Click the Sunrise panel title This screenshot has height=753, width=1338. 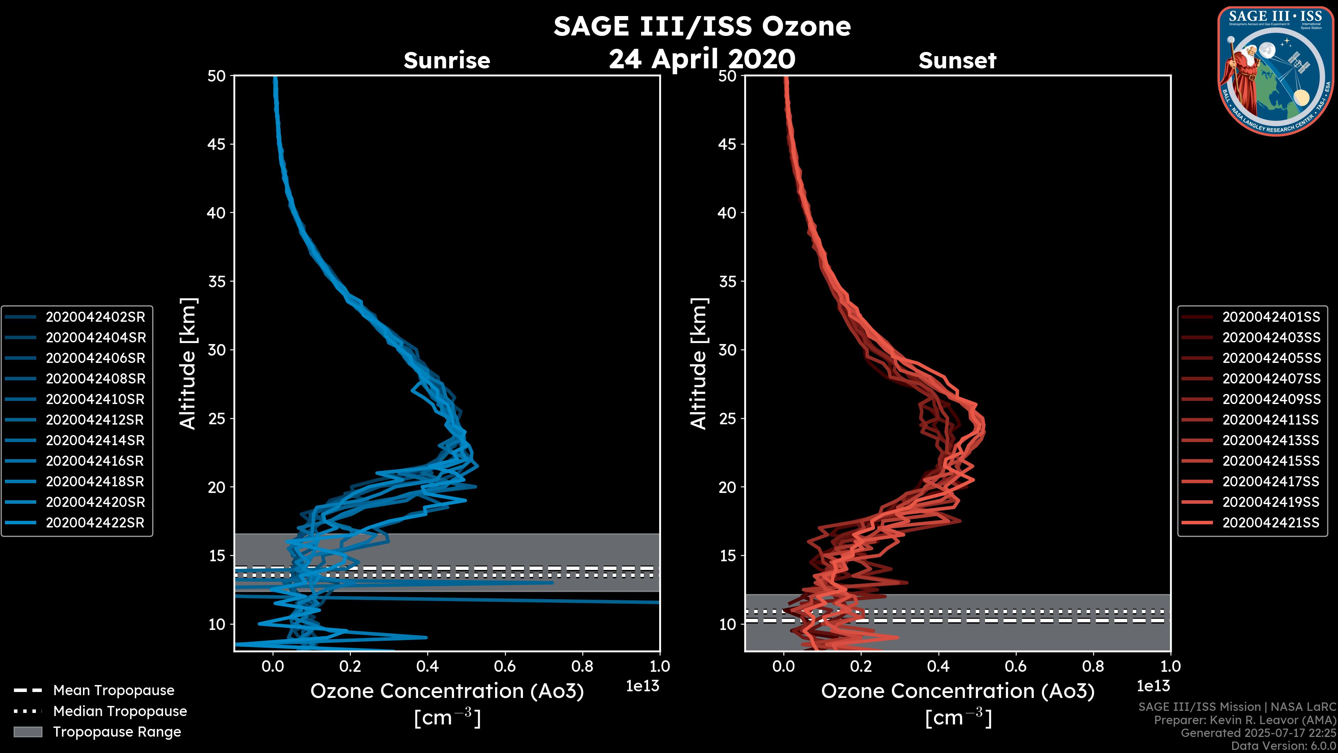[447, 60]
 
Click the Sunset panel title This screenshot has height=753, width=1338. [957, 60]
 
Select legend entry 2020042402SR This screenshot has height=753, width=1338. [95, 317]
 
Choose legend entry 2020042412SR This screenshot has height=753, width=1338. [95, 419]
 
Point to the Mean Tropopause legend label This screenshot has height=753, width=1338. [114, 690]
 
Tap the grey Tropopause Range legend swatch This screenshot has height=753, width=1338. [28, 732]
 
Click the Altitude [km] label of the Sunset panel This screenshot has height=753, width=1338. [699, 364]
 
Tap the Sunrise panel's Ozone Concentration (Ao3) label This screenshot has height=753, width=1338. [447, 691]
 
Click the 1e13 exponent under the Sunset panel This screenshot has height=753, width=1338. [1153, 686]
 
